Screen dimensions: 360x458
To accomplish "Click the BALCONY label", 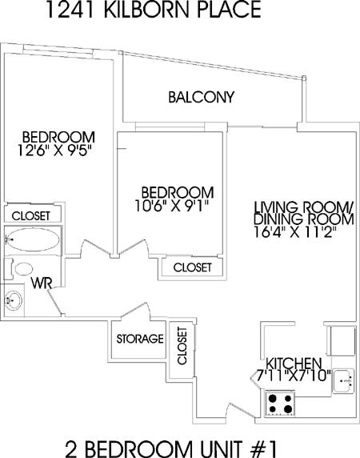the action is click(x=202, y=97).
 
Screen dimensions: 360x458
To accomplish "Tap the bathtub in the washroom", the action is click(x=33, y=239).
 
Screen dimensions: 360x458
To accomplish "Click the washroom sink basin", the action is click(x=13, y=301).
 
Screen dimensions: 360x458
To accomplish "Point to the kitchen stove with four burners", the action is click(x=280, y=404).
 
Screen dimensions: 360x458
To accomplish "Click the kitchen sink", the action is click(x=344, y=381).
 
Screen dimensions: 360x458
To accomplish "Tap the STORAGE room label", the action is click(x=140, y=339).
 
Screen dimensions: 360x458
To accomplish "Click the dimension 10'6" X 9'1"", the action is click(x=173, y=206).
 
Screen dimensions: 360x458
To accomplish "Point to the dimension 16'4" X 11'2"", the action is click(x=295, y=232).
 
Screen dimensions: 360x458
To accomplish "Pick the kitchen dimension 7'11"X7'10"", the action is click(x=294, y=376).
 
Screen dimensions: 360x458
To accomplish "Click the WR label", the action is click(x=42, y=283).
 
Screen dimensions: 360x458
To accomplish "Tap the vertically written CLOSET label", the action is click(x=182, y=346).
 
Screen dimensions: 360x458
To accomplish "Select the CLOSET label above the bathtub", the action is click(x=31, y=216).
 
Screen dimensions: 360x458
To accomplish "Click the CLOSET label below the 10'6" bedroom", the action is click(x=193, y=267).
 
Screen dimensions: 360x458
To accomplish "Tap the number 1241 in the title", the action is click(x=70, y=10).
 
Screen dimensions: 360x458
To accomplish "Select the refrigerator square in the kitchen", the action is click(x=342, y=341).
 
